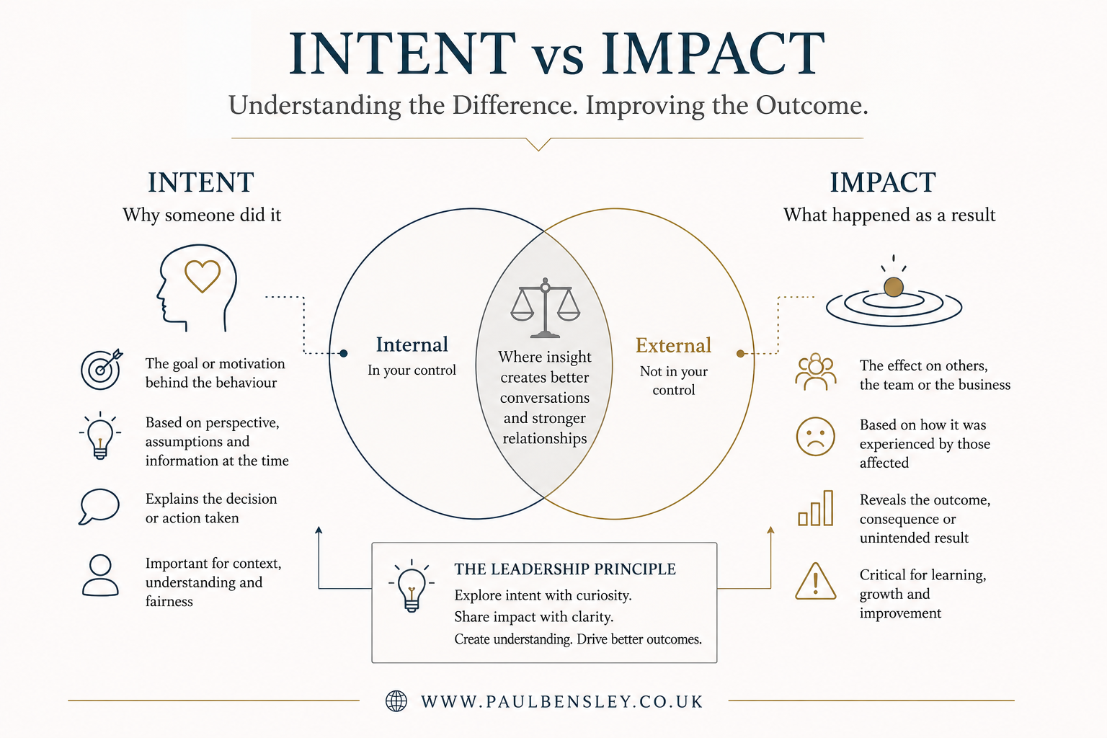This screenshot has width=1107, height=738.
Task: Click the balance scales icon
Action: (545, 308)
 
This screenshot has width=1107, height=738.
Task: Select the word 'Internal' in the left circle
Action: (412, 344)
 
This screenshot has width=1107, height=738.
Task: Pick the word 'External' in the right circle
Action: (673, 345)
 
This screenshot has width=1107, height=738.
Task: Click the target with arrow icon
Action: (102, 369)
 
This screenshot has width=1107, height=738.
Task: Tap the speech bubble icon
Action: (99, 507)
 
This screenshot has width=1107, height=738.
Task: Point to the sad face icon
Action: (815, 437)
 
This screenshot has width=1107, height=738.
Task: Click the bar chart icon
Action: (815, 508)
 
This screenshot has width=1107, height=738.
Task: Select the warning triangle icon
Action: (815, 582)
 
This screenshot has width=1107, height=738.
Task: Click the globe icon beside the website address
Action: (396, 701)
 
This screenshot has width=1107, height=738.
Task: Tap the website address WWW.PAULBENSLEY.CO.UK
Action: (562, 701)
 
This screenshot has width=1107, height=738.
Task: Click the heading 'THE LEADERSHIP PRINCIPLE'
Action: (565, 569)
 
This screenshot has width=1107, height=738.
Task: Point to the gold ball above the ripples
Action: (894, 287)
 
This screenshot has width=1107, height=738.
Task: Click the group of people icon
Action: (815, 372)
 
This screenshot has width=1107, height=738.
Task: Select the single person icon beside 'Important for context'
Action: (100, 575)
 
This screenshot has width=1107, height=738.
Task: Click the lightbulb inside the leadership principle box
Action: (412, 587)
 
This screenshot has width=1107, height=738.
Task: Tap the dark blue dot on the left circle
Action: (344, 353)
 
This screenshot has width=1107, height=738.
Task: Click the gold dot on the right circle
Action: (740, 353)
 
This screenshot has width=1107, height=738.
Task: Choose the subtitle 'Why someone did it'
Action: (202, 215)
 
